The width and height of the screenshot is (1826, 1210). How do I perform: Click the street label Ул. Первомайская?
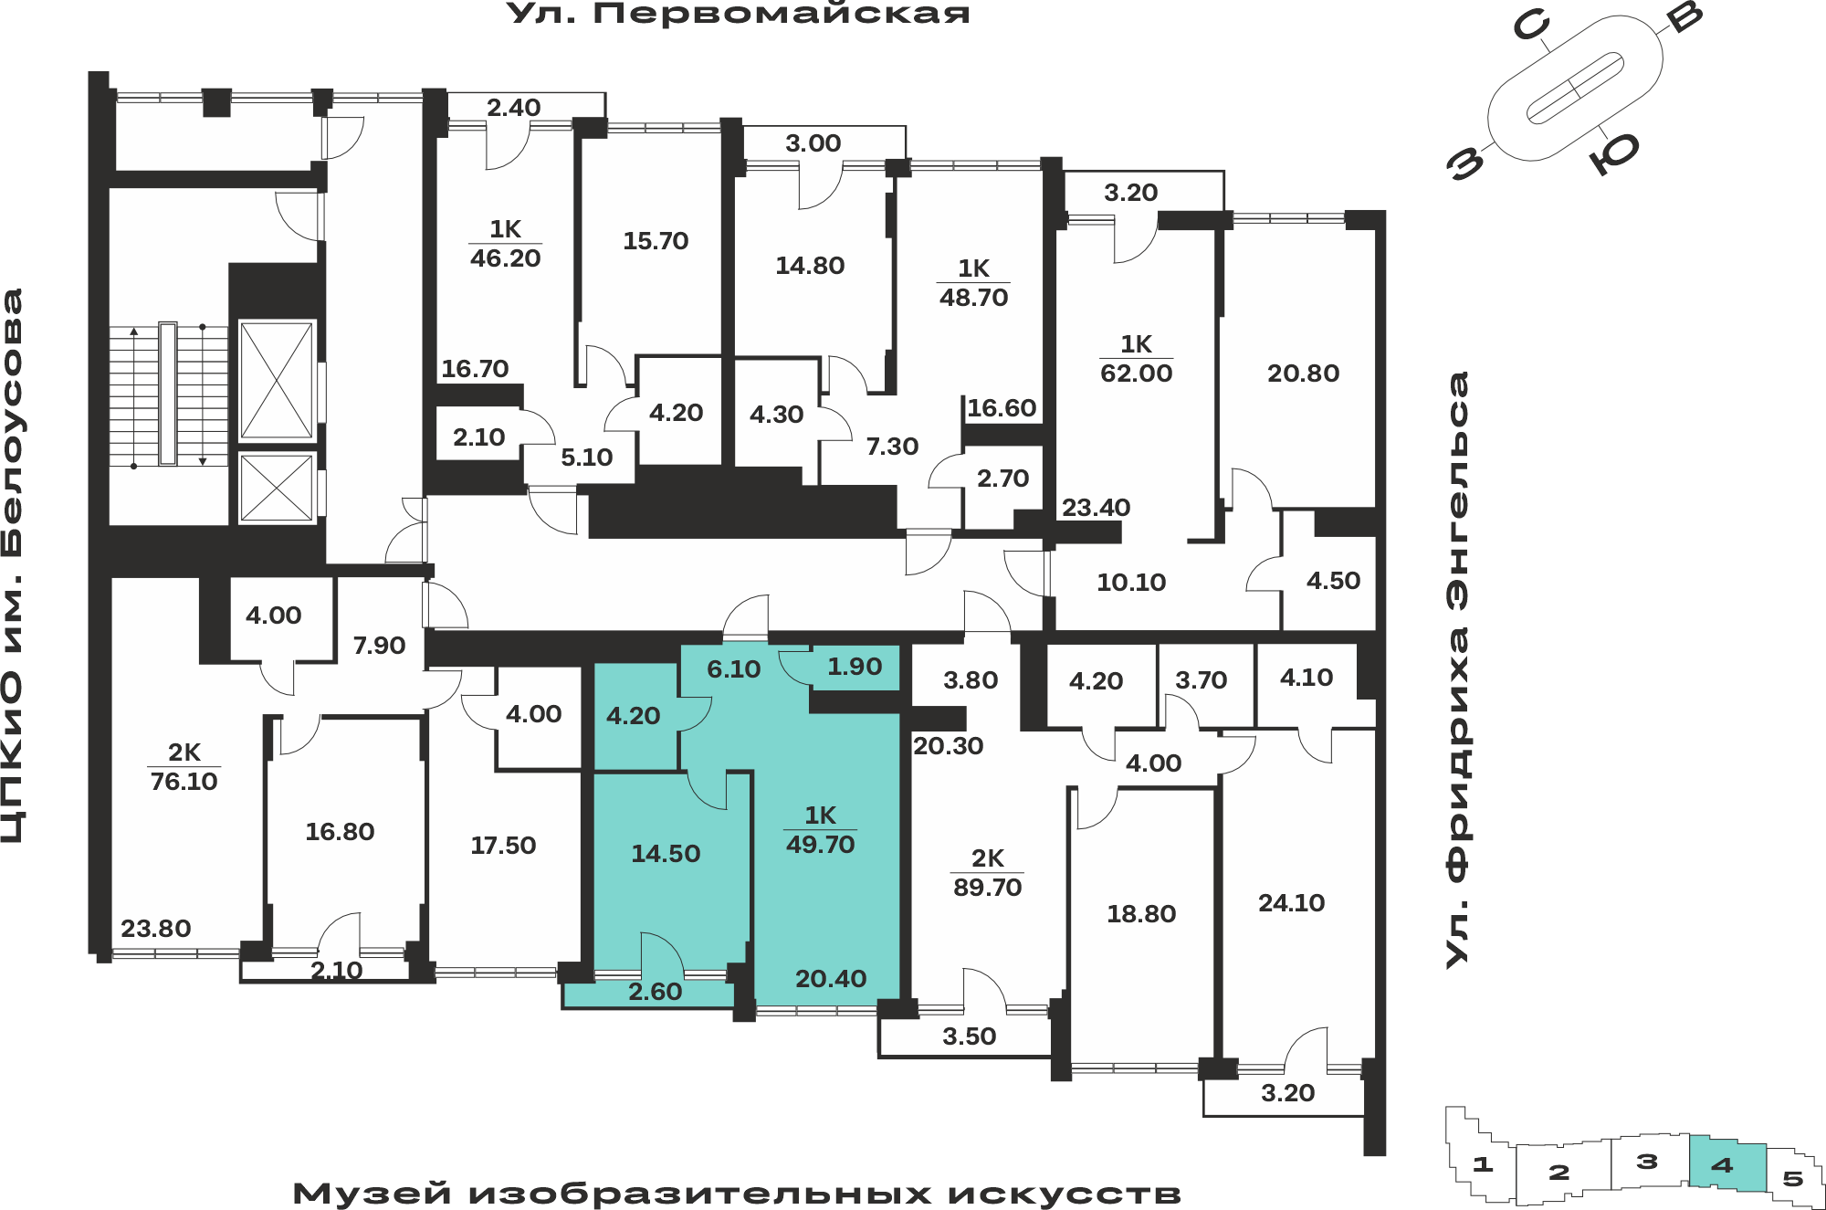[x=738, y=13]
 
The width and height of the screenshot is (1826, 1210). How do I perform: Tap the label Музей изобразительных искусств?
[x=737, y=1193]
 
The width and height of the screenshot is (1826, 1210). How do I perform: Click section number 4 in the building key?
[x=1722, y=1164]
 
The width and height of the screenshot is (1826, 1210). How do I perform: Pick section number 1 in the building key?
[x=1483, y=1164]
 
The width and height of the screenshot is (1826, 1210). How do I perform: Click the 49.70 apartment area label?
[x=820, y=845]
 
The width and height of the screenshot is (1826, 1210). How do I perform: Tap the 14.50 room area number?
[x=666, y=854]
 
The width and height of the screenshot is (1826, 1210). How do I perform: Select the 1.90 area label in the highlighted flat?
[x=855, y=667]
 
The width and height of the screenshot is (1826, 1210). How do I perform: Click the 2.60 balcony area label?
[x=655, y=992]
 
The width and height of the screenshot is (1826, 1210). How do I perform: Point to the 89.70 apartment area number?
[x=987, y=888]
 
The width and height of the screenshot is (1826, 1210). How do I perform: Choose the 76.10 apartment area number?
[x=184, y=782]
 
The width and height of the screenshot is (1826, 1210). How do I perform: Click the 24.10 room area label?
[x=1291, y=903]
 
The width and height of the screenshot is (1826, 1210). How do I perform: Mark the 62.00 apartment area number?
[x=1136, y=374]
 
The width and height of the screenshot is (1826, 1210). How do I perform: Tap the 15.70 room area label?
[x=656, y=241]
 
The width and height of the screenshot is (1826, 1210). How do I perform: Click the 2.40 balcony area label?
[x=513, y=108]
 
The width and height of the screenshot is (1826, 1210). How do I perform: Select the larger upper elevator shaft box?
[x=277, y=380]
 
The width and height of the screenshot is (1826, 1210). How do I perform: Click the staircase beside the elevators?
[x=168, y=395]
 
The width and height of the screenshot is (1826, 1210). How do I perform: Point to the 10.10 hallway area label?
[x=1131, y=583]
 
